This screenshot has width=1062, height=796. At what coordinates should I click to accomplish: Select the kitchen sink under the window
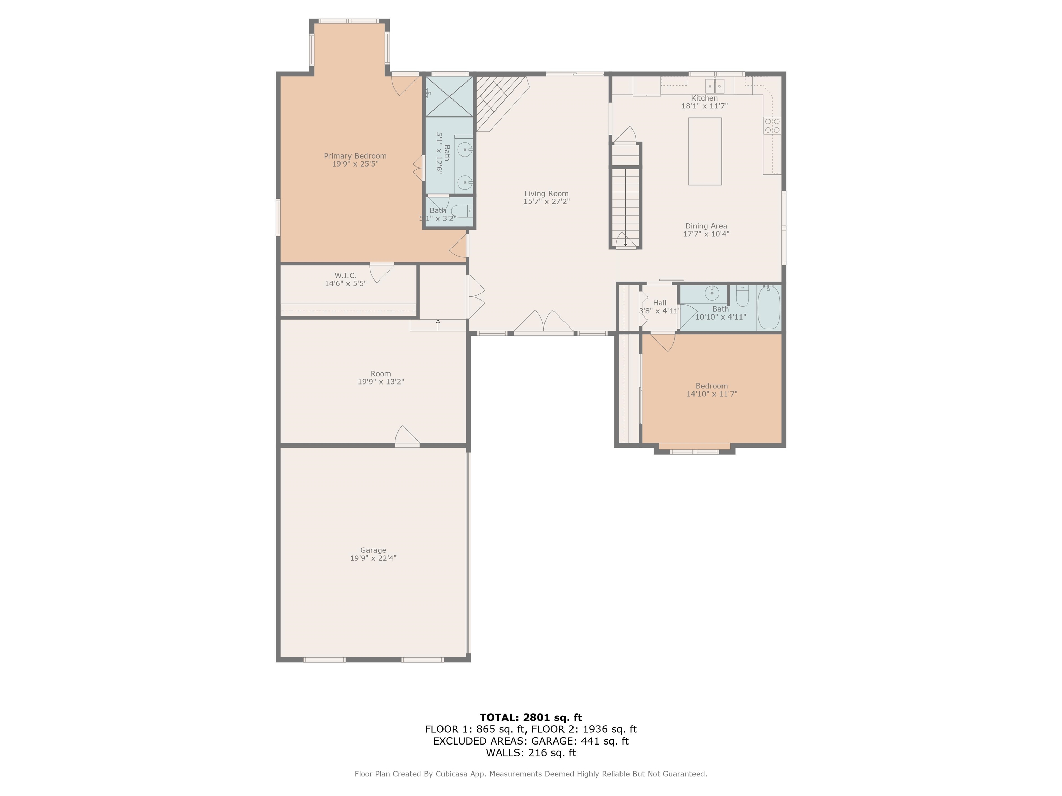(x=715, y=86)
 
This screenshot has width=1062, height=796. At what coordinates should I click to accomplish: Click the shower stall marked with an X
(x=449, y=96)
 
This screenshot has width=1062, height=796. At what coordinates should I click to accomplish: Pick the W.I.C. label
(x=345, y=275)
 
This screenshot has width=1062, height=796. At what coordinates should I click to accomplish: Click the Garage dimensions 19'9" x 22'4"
(x=373, y=558)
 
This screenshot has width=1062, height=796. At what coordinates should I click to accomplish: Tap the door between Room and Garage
(x=407, y=437)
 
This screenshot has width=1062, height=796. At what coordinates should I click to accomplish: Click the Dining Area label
(x=706, y=226)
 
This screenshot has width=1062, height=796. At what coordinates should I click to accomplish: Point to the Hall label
(x=660, y=303)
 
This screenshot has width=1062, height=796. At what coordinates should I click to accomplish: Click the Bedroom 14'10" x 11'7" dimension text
(x=711, y=394)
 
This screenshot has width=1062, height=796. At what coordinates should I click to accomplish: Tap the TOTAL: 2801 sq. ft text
(x=531, y=717)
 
